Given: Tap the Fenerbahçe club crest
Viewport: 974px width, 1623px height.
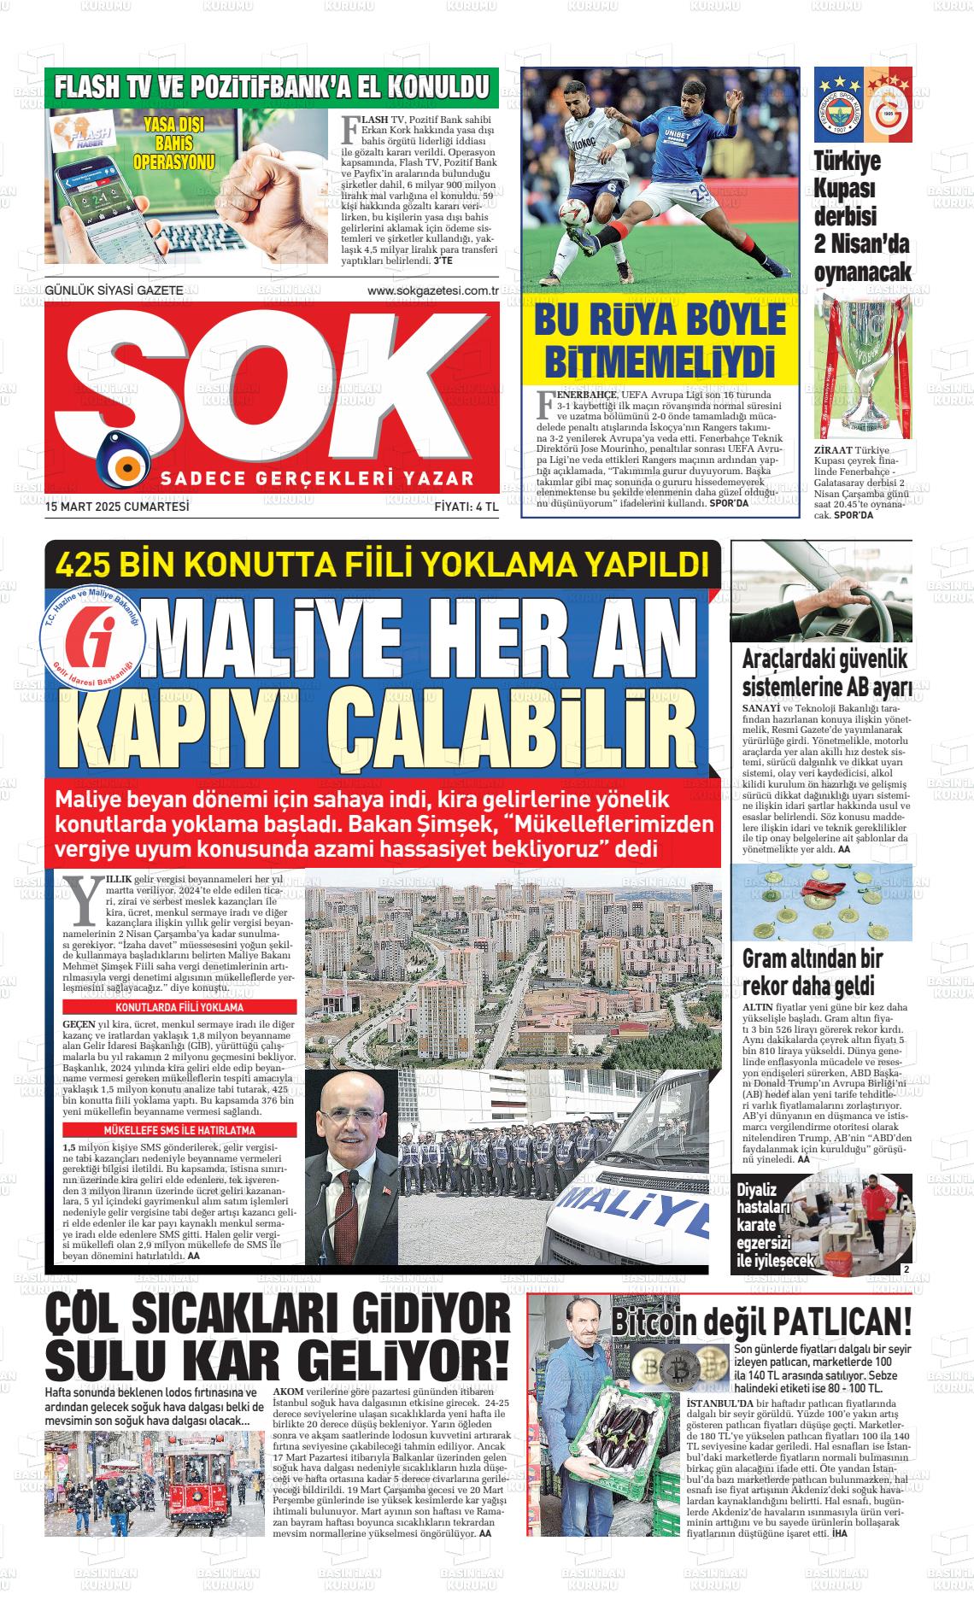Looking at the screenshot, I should coord(838,107).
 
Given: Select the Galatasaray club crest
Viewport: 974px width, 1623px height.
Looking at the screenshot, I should coord(888,107).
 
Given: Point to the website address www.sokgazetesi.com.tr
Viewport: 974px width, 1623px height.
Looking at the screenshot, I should coord(432,290).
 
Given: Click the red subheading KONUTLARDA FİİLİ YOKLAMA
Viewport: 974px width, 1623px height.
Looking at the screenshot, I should coord(179,1008).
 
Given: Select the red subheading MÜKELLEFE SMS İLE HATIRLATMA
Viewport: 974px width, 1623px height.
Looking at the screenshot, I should coord(179,1129).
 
